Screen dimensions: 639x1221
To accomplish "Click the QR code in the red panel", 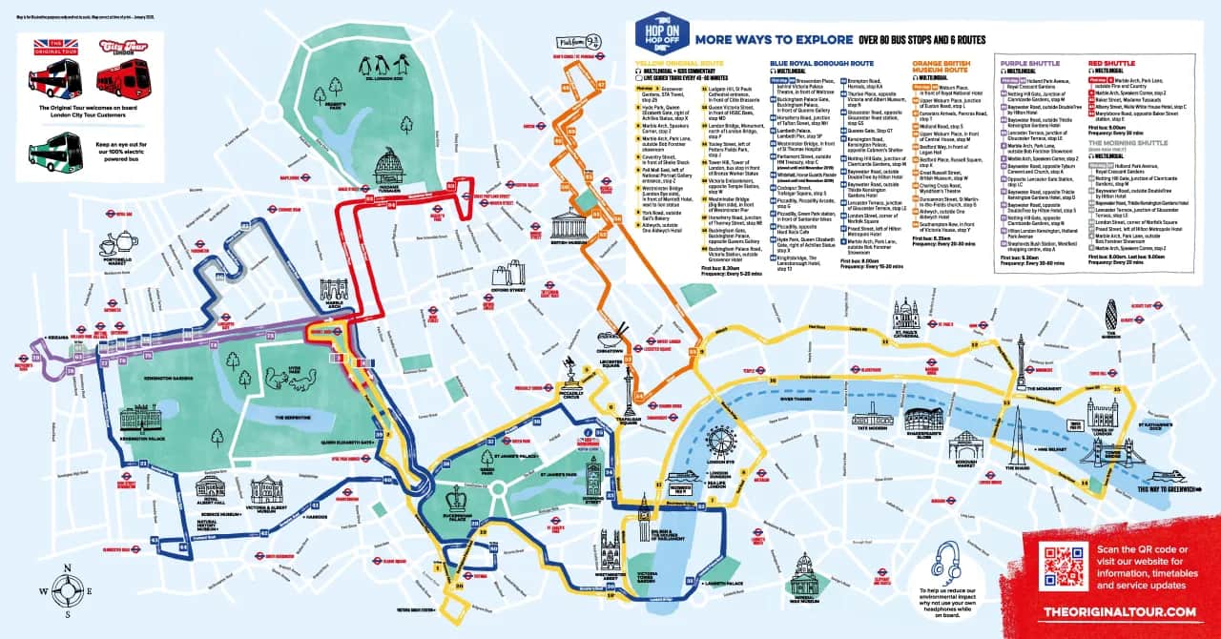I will tap(1064, 565).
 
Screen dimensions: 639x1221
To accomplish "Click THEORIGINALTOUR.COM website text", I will tap(1119, 610).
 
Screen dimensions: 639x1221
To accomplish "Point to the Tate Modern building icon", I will tap(872, 417).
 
